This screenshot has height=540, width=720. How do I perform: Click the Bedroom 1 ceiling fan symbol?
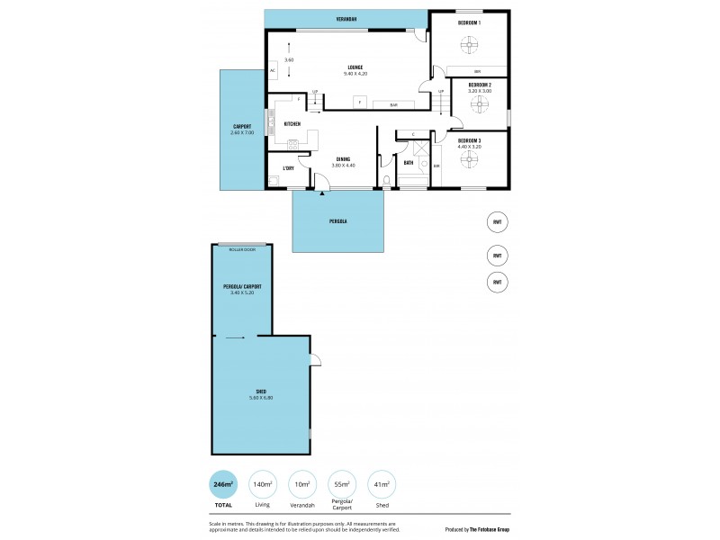469,43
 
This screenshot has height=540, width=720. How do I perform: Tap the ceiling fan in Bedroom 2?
480,105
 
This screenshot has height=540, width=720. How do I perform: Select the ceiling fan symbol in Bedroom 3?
469,158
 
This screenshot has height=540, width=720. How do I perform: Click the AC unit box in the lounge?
272,71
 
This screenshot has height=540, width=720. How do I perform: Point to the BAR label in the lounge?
393,105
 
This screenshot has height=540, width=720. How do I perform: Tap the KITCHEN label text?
292,123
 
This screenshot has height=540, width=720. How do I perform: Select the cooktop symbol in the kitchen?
292,144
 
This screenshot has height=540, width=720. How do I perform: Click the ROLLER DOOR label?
242,249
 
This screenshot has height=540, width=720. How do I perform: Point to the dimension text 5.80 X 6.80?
260,397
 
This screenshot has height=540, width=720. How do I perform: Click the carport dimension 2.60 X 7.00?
242,132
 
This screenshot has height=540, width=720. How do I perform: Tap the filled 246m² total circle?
222,484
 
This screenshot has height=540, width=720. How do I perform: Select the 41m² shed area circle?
381,484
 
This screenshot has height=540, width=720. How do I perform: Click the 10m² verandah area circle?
302,484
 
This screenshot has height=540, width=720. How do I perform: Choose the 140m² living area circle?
262,484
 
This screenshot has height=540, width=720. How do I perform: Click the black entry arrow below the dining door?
321,192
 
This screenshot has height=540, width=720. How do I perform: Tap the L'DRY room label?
289,168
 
